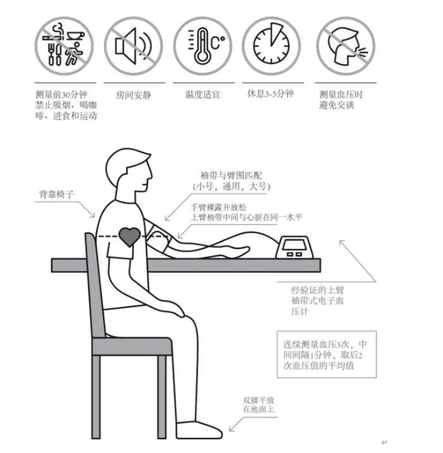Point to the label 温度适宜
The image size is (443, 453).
coord(202,94)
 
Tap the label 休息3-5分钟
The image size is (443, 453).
coord(271,94)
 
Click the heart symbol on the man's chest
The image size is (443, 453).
coord(129,237)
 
